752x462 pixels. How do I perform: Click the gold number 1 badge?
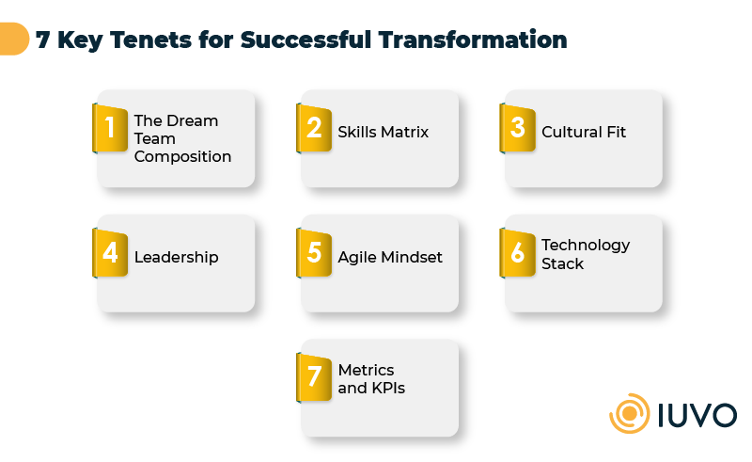[110, 127]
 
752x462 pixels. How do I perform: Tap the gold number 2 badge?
[314, 127]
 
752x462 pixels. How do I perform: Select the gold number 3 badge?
[518, 127]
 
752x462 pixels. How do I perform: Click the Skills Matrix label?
[383, 133]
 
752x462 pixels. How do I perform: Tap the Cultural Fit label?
[584, 133]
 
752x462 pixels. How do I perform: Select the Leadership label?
[176, 257]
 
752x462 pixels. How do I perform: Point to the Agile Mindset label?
[390, 257]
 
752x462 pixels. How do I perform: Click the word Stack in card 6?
[562, 264]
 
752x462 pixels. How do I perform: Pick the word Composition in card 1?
[182, 157]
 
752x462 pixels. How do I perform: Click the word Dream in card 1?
[192, 120]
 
